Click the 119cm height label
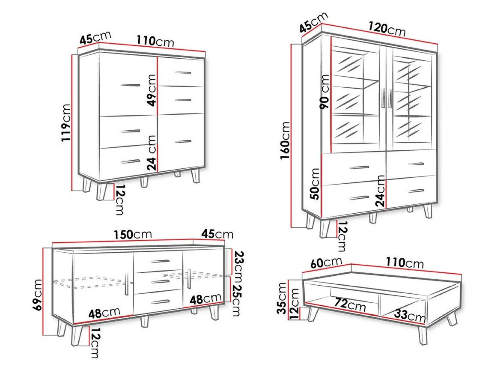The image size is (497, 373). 66,123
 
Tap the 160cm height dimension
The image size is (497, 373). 285,140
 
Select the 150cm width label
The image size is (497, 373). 133,234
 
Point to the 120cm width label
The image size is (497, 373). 387,29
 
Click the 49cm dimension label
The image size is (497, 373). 151,90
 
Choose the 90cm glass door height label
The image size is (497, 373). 324,91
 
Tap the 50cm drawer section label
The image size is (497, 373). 315,184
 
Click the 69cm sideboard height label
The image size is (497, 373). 38,295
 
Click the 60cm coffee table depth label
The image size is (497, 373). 326,262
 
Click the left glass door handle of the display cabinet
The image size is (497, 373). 383,98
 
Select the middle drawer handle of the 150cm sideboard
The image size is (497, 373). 160,282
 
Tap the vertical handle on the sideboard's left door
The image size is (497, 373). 127,284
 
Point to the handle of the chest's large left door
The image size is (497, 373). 131,85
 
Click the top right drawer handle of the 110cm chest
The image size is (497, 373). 183,73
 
